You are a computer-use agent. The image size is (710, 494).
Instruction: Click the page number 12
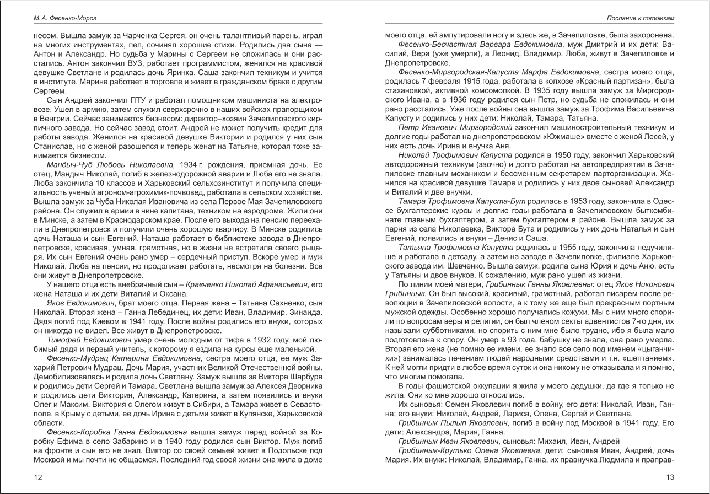click(38, 477)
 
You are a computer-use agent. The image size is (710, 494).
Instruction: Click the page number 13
click(670, 477)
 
